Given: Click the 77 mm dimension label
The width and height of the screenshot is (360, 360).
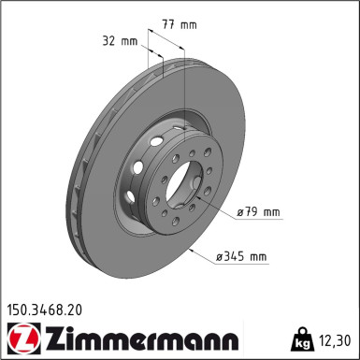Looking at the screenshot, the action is pyautogui.click(x=180, y=24).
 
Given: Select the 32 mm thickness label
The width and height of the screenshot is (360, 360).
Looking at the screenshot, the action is pyautogui.click(x=120, y=41).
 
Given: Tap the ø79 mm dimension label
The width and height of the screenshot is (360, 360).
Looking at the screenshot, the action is pyautogui.click(x=258, y=212).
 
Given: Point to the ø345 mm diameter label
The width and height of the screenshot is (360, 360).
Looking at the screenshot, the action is pyautogui.click(x=242, y=257).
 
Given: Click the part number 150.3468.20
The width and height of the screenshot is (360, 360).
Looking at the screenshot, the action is pyautogui.click(x=45, y=310).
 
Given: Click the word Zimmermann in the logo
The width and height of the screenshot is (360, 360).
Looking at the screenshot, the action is pyautogui.click(x=142, y=338).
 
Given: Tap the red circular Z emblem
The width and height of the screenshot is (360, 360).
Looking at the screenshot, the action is pyautogui.click(x=24, y=338).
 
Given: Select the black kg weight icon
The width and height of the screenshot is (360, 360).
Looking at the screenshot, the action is pyautogui.click(x=302, y=339).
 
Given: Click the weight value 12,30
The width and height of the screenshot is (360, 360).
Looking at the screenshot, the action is pyautogui.click(x=335, y=340).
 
